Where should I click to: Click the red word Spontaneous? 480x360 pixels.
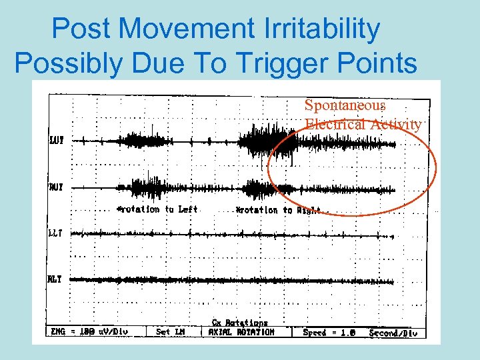tap(345, 105)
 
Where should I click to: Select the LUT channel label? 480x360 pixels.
tap(57, 140)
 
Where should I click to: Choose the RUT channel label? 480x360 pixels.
tap(57, 188)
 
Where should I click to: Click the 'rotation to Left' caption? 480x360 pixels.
tap(158, 209)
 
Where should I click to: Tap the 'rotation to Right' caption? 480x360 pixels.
tap(279, 210)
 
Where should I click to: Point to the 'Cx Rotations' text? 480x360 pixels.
tap(240, 323)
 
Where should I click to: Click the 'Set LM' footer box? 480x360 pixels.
tap(171, 332)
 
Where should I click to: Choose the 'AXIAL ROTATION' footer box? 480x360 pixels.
tap(241, 332)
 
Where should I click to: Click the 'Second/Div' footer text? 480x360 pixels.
tap(393, 332)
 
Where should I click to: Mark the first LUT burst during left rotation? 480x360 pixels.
tap(140, 140)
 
